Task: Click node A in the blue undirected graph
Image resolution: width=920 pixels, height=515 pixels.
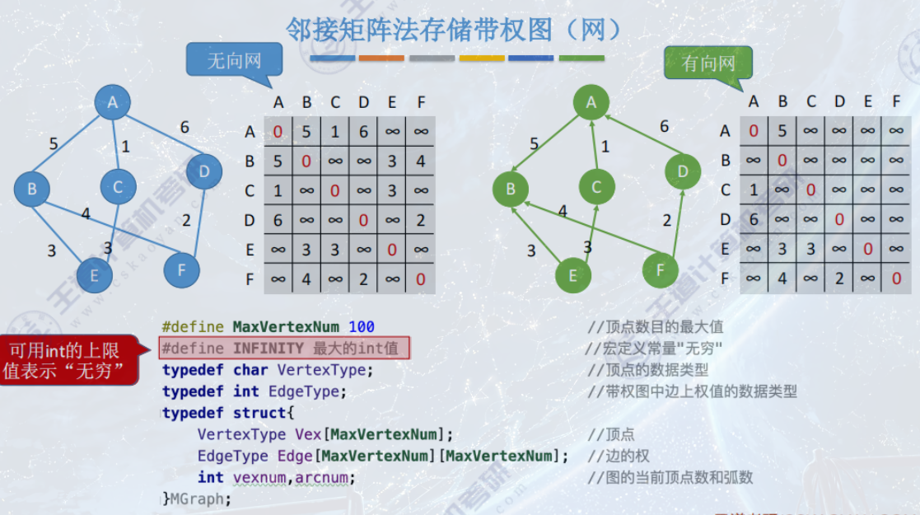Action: click(113, 103)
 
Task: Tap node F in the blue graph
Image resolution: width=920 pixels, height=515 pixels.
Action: click(181, 269)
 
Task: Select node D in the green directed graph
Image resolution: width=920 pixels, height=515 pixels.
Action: click(683, 171)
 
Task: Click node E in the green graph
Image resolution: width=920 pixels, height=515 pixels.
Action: click(573, 276)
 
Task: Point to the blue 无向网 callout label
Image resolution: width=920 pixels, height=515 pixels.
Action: click(234, 62)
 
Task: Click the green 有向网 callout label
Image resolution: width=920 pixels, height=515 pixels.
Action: click(708, 63)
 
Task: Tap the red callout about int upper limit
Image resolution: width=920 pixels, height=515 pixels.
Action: click(69, 361)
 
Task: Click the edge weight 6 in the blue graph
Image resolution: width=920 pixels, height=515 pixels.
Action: click(184, 127)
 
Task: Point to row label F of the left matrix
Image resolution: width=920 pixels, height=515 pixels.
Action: click(250, 279)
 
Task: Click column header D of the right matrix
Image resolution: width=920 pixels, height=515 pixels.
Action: click(838, 102)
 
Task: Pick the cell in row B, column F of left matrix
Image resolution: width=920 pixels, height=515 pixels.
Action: click(421, 162)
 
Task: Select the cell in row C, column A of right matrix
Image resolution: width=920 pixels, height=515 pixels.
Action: click(754, 190)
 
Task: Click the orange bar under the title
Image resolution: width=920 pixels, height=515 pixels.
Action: click(381, 59)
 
